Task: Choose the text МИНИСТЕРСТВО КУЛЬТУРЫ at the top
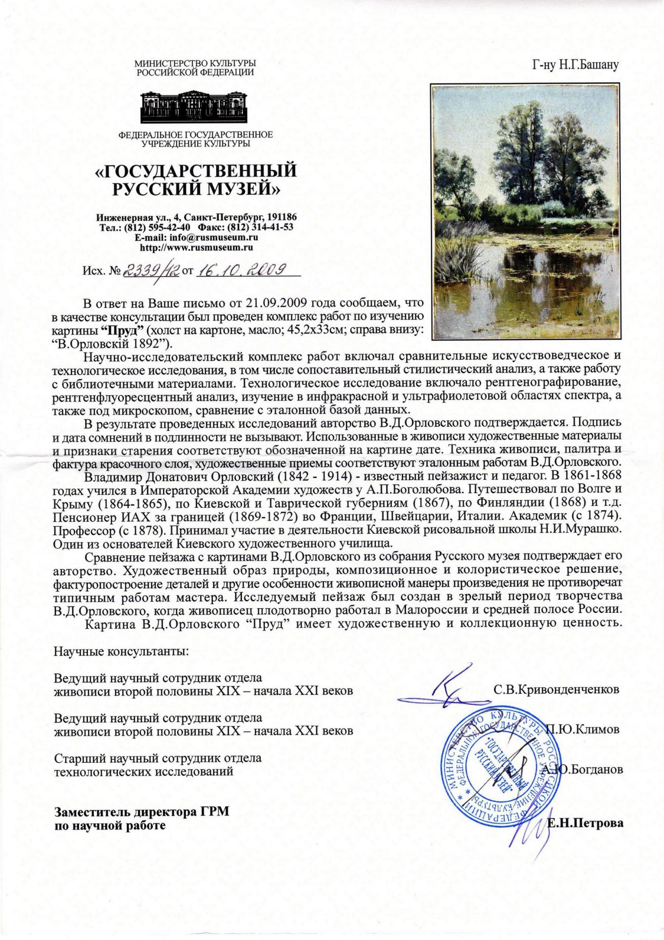195,63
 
